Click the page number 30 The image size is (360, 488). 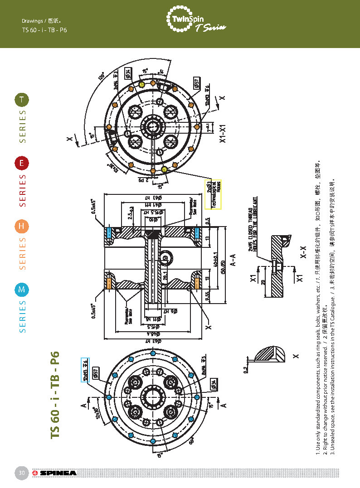coord(21,474)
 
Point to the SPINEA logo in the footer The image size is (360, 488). coord(55,474)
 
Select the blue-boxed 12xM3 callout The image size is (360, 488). coord(85,370)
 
